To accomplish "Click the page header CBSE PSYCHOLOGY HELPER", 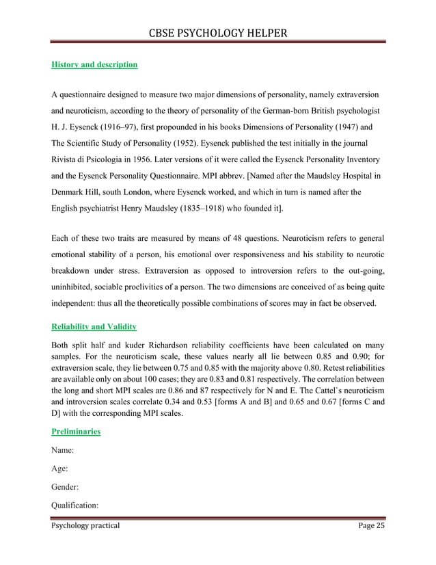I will [218, 33].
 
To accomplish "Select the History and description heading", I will [94, 65].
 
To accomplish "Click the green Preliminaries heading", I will [76, 432].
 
